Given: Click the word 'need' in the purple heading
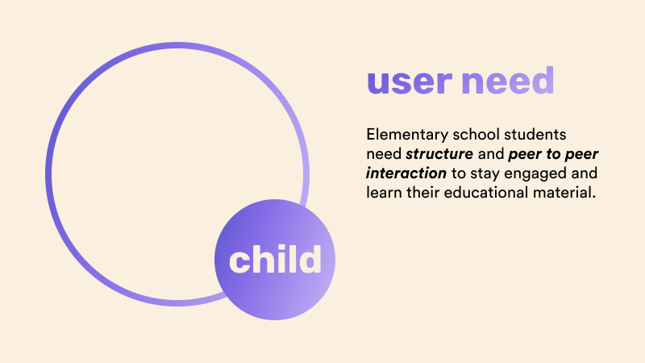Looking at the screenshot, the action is pyautogui.click(x=508, y=80).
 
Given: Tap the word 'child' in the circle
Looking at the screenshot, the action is pyautogui.click(x=275, y=259).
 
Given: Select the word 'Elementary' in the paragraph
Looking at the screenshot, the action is pyautogui.click(x=407, y=136).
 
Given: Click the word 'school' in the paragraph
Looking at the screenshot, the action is pyautogui.click(x=476, y=134).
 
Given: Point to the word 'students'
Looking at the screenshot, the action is pyautogui.click(x=535, y=134).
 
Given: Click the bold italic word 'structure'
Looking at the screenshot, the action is pyautogui.click(x=439, y=154).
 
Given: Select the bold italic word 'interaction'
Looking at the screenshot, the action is pyautogui.click(x=406, y=173).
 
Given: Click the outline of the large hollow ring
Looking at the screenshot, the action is pyautogui.click(x=48, y=174).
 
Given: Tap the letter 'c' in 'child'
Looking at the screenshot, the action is pyautogui.click(x=239, y=261).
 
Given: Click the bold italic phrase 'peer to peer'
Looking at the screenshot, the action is pyautogui.click(x=553, y=155).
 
